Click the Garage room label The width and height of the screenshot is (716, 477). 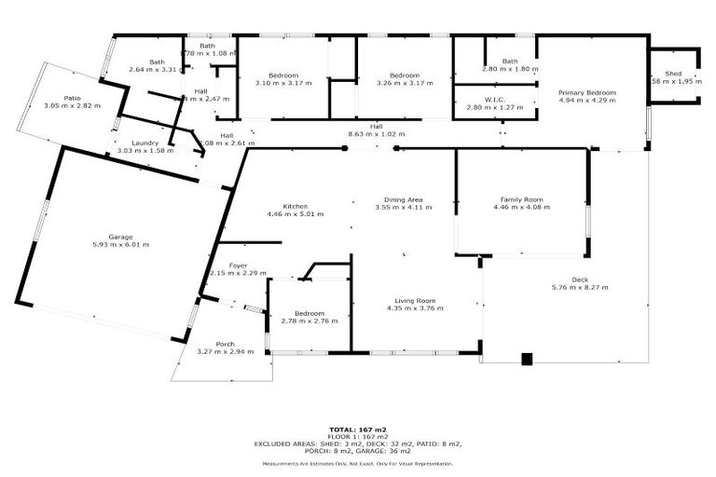point(107,237)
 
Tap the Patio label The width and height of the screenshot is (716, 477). point(72,97)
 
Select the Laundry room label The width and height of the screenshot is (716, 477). point(145,143)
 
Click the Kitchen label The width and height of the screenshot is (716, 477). point(296,206)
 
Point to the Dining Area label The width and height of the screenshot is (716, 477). point(404,199)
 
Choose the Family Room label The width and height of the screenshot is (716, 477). point(521,199)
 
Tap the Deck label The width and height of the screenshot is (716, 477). point(580,279)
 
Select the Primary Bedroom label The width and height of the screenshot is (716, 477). point(587,92)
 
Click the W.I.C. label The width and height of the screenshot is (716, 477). point(494,101)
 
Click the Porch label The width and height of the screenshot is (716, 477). point(225,343)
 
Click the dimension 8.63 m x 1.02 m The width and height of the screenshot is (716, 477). point(376,133)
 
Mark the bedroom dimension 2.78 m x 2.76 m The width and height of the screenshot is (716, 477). point(310,320)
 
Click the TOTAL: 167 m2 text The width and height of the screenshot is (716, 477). point(358,430)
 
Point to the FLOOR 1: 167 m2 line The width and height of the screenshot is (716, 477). point(358,438)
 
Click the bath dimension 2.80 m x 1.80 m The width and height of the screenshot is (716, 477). point(510,69)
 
